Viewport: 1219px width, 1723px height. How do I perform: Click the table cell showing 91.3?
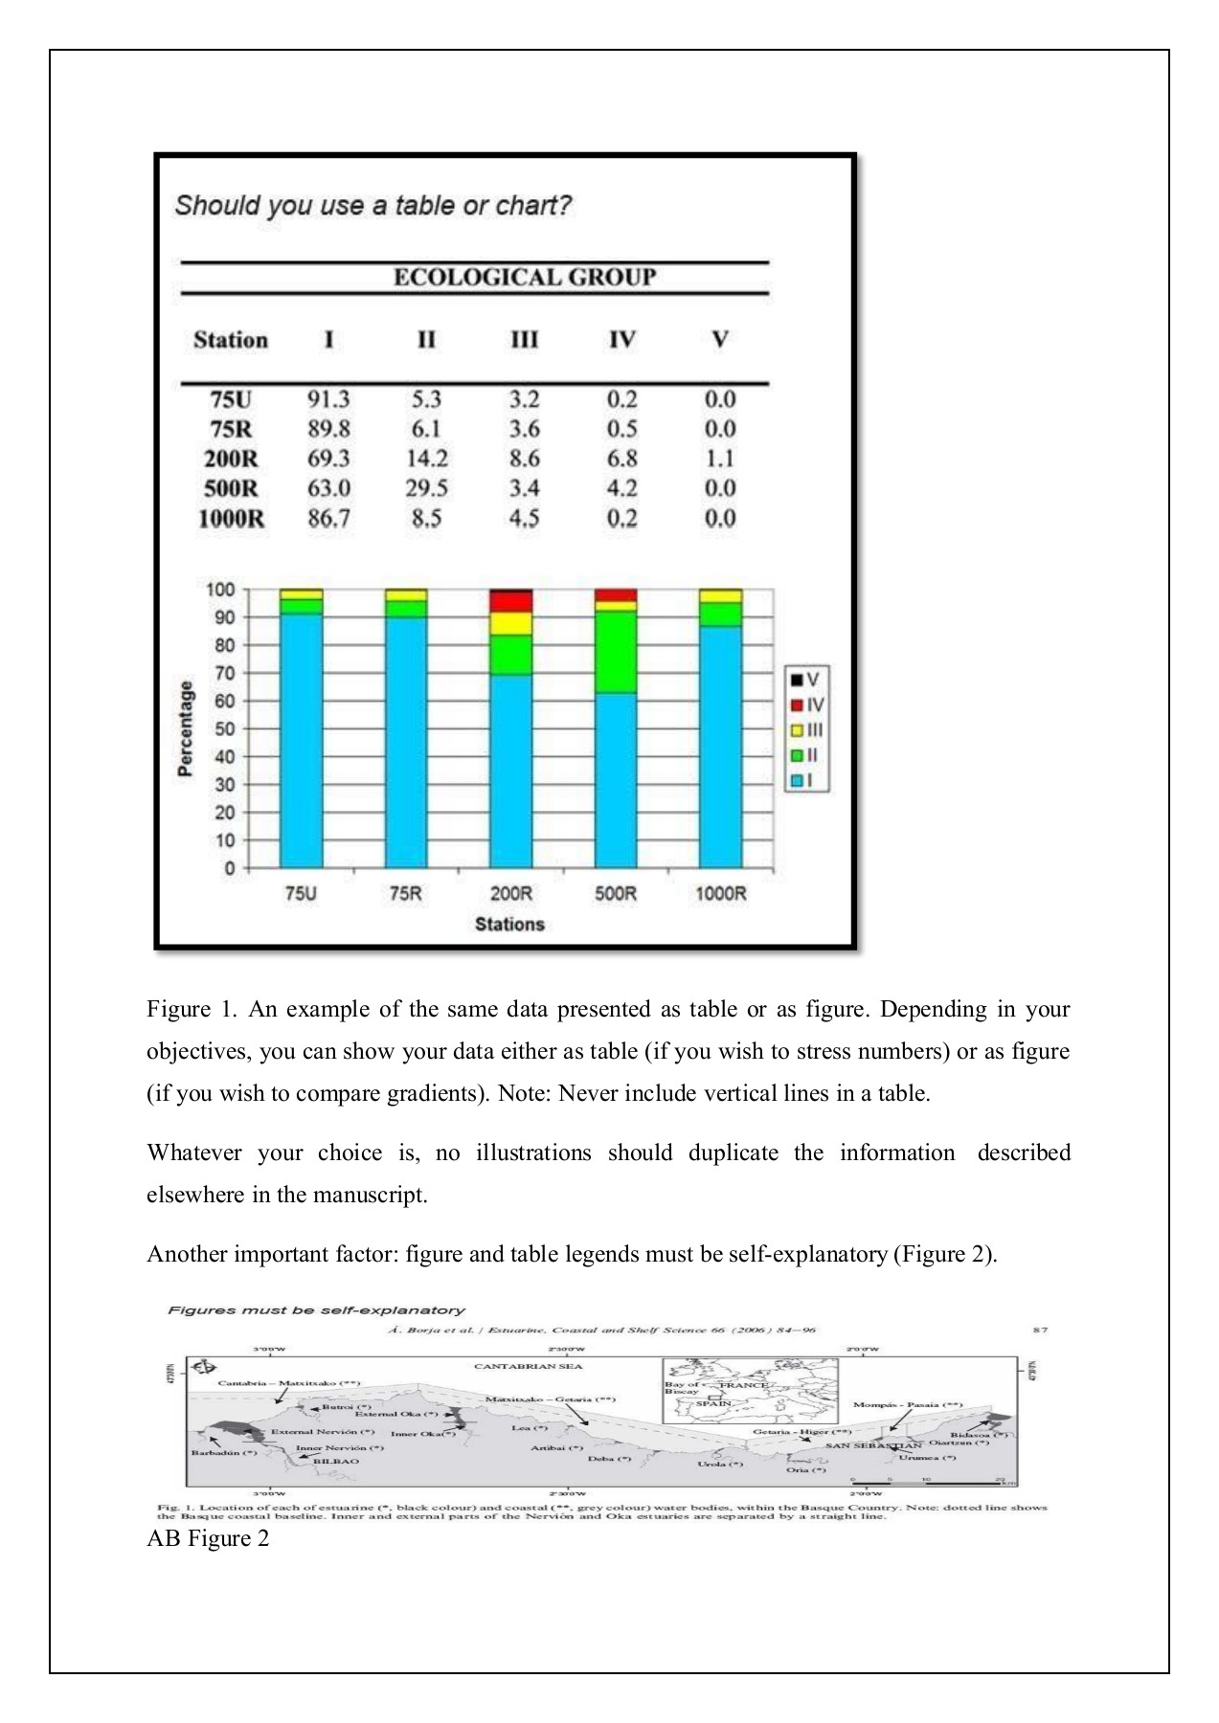tap(328, 399)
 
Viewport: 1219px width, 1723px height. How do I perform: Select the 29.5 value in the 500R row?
tap(426, 488)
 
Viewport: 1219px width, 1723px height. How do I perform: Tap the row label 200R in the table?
tap(231, 459)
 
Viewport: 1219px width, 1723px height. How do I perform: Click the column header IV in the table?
tap(621, 340)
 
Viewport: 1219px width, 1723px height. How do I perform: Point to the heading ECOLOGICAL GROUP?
tap(525, 278)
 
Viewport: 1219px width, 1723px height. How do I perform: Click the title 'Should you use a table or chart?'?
tap(372, 206)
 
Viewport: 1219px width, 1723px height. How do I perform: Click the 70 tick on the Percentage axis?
tap(223, 673)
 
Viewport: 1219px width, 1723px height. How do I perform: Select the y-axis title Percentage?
tap(186, 728)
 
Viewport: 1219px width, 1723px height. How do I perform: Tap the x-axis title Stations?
tap(509, 924)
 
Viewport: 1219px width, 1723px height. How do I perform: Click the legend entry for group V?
tap(805, 680)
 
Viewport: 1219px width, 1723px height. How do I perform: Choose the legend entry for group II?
tap(805, 755)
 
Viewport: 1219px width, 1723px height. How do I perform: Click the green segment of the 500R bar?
tap(616, 651)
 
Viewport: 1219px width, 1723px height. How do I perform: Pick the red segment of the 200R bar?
tap(510, 601)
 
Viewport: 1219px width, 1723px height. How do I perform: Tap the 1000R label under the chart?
tap(720, 893)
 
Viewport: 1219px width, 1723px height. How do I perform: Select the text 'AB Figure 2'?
tap(208, 1538)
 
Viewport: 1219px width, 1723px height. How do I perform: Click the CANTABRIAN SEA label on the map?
tap(529, 1366)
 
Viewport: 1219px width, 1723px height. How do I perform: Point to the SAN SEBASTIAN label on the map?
tap(873, 1444)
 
